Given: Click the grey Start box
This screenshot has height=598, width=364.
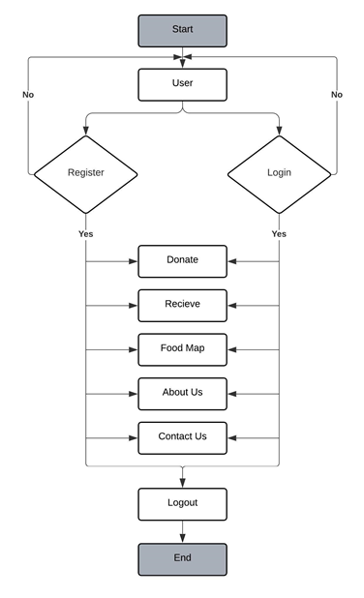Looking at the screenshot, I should (x=182, y=30).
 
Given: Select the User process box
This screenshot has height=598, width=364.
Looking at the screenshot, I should (x=182, y=84).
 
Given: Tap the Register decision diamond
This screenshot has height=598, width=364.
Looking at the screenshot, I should (x=85, y=174).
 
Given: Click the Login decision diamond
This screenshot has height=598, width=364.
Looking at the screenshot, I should (x=279, y=174).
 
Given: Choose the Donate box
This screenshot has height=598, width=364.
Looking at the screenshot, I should (x=182, y=260).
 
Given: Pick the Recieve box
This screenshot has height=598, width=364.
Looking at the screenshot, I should (x=182, y=305).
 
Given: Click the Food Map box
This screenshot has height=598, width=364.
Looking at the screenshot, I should (x=182, y=348).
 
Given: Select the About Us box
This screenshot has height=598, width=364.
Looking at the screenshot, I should (x=182, y=393).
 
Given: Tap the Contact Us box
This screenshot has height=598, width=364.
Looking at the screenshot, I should (x=182, y=437).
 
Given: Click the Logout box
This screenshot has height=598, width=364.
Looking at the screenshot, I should (x=182, y=503).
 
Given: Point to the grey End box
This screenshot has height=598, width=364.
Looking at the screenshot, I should (x=182, y=558).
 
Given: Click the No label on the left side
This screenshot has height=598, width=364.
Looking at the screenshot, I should (x=28, y=95).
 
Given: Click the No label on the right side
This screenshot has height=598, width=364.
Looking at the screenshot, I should (x=336, y=95).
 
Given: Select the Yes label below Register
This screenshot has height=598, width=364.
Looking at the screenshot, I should (x=85, y=234).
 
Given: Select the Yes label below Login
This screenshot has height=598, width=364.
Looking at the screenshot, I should (x=279, y=234).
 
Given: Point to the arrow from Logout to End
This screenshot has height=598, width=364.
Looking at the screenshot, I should (x=182, y=531).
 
